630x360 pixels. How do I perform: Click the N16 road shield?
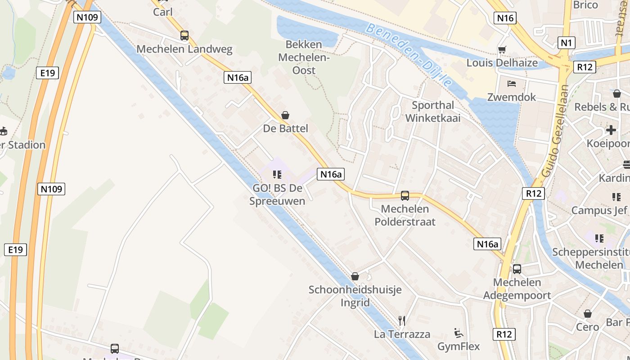[505, 18]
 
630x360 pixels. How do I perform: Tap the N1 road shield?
[566, 43]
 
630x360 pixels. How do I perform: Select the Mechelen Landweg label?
[184, 49]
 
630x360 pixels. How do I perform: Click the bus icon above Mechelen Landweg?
[184, 36]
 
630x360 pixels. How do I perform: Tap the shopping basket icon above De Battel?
[285, 115]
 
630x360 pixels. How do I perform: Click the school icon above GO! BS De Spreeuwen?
[277, 174]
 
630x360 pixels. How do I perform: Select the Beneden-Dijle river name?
[408, 54]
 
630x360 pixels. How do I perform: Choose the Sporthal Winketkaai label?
[433, 111]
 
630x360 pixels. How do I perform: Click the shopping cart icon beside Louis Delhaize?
[502, 49]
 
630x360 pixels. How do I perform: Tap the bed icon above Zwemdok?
[512, 84]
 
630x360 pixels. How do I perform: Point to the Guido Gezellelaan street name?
[555, 130]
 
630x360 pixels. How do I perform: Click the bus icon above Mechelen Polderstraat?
[405, 195]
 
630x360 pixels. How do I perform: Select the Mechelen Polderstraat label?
[405, 215]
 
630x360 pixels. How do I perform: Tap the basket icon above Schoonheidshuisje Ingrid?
[355, 276]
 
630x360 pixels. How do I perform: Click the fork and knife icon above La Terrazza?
[402, 320]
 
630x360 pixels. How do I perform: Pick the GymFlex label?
[459, 346]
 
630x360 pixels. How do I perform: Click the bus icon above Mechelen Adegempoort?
[517, 269]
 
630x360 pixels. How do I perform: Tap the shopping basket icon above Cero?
[588, 314]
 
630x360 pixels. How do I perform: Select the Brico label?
[585, 5]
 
